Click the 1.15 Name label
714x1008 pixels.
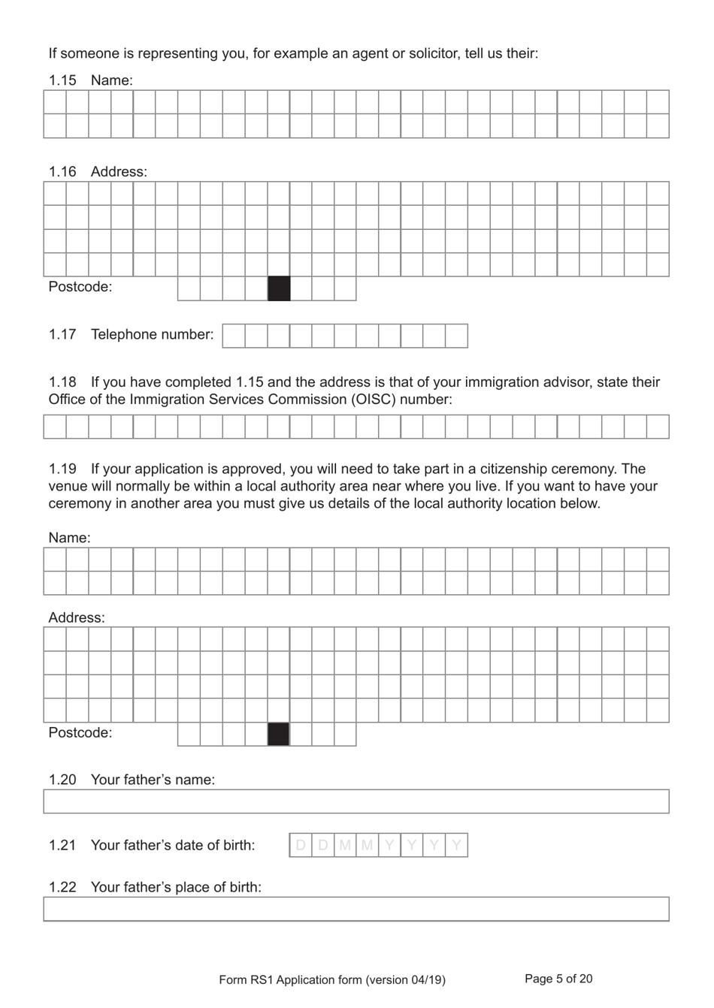[90, 80]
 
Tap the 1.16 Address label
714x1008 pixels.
[98, 172]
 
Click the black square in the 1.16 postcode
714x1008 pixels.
[279, 289]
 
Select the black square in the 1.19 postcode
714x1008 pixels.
[278, 735]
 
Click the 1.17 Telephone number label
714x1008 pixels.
[131, 335]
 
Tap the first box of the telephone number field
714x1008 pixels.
[234, 336]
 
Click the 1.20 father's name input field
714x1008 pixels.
[355, 801]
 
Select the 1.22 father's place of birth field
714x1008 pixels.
[355, 909]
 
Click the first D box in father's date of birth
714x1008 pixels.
[301, 846]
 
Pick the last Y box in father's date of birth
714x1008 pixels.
[456, 846]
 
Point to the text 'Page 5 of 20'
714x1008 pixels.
[558, 979]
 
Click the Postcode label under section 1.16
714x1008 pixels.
[80, 287]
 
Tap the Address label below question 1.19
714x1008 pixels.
[77, 618]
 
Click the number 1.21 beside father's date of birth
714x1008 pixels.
[62, 846]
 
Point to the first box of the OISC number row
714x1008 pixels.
[55, 427]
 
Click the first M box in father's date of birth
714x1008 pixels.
[345, 846]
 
